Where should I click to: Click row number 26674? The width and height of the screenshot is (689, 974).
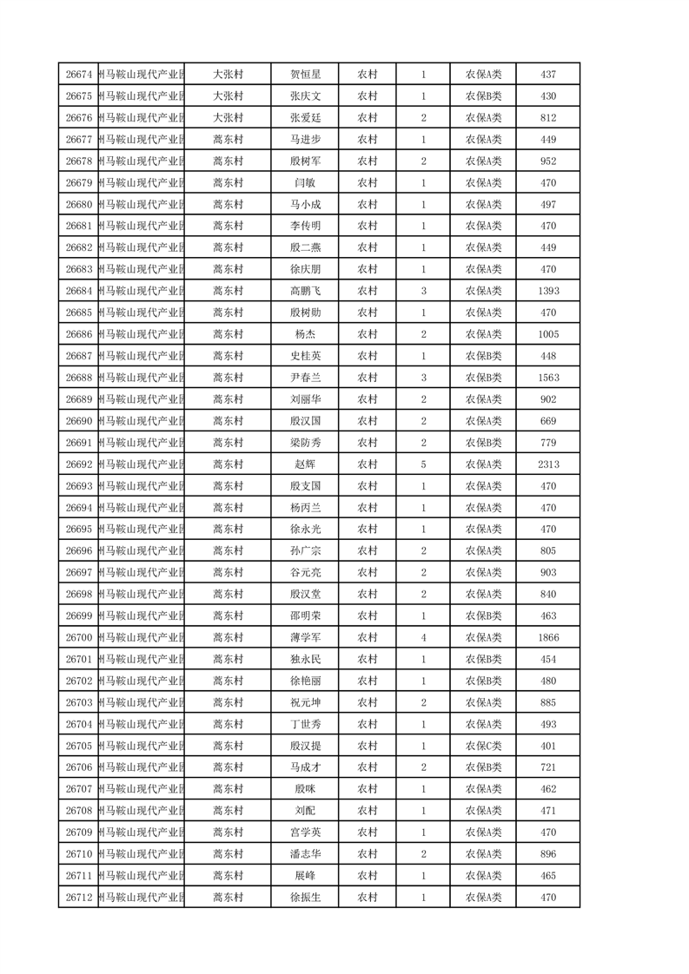[79, 75]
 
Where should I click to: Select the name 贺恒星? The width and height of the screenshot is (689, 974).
[305, 75]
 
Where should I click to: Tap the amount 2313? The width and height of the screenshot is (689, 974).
[548, 464]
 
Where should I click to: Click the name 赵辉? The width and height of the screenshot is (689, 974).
[305, 464]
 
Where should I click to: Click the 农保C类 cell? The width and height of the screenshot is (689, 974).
[483, 746]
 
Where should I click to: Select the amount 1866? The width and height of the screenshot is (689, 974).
[548, 637]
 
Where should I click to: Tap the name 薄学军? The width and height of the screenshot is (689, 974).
[305, 637]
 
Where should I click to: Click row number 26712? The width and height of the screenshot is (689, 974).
[79, 897]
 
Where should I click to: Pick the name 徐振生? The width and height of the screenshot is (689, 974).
[305, 897]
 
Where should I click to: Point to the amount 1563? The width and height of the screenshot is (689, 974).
[548, 378]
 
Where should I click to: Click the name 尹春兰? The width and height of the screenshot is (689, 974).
[305, 378]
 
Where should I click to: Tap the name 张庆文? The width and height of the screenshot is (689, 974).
[305, 96]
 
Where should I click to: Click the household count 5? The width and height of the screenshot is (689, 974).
[423, 464]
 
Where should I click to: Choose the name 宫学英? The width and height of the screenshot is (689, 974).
[305, 832]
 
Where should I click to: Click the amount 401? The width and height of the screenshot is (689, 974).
[548, 746]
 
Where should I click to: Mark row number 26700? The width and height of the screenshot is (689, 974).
[79, 637]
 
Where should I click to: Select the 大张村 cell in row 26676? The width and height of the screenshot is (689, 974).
[229, 118]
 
